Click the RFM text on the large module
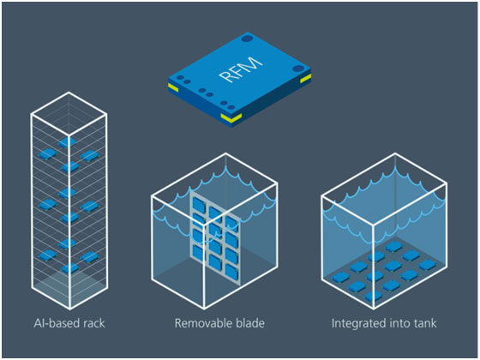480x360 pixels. coord(242,69)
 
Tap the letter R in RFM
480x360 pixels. coord(226,76)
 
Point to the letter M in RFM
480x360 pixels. coord(253,63)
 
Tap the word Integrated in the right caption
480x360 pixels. coord(356,324)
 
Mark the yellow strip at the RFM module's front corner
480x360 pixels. coord(231,117)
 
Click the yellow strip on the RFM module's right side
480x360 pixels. coord(305,79)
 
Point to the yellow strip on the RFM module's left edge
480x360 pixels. coord(173,88)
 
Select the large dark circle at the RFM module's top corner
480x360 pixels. coord(247,39)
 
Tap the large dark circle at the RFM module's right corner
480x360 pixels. coord(298,69)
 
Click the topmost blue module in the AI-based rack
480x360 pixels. coord(67,142)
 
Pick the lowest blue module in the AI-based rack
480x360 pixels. coord(70,268)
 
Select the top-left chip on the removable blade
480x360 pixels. coord(198,205)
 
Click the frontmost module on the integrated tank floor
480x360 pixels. coord(374,296)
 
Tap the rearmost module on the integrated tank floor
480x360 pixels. coord(394,246)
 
